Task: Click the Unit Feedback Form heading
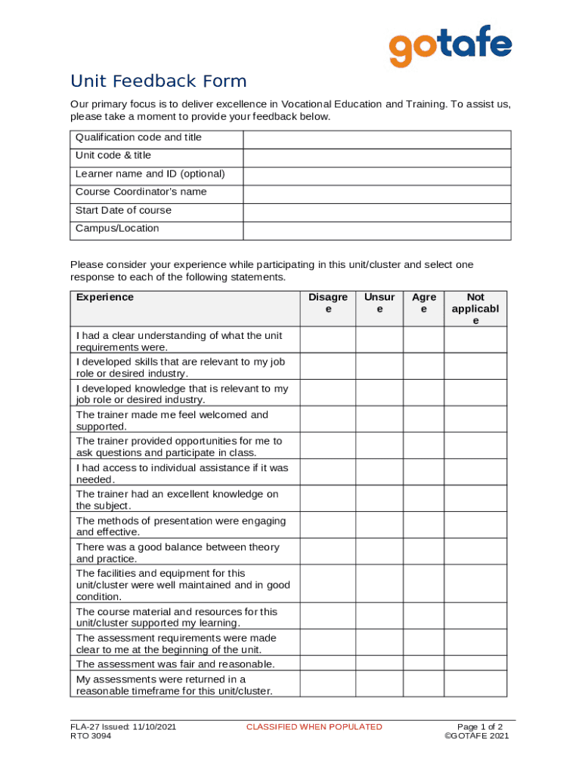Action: [x=159, y=82]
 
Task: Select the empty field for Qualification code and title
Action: [x=376, y=140]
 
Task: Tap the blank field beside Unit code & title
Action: [x=376, y=158]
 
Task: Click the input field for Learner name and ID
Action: [x=376, y=176]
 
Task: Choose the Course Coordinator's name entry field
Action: [x=376, y=194]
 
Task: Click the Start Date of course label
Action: [x=123, y=211]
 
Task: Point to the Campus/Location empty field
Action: [x=376, y=230]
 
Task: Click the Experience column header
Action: [x=105, y=297]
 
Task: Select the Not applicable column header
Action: [x=475, y=309]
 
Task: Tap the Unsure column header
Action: [x=379, y=303]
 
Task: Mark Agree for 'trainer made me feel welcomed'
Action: [x=423, y=419]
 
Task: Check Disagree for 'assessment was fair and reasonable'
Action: [x=327, y=664]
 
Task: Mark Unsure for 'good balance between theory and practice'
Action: [x=379, y=551]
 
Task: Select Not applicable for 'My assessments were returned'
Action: [x=475, y=684]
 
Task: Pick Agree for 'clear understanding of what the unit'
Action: [x=423, y=340]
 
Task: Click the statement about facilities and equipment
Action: [x=182, y=585]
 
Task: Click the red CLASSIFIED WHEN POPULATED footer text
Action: [x=314, y=727]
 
